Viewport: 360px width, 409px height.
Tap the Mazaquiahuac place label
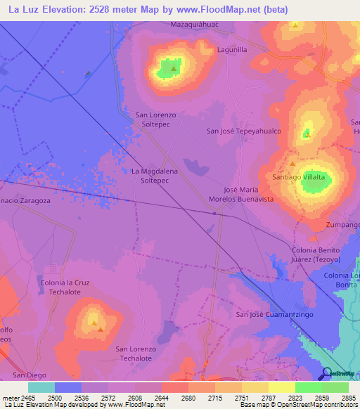[x=192, y=24]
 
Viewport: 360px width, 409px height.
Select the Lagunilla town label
[x=232, y=50]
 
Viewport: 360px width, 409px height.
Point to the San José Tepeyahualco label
[x=243, y=131]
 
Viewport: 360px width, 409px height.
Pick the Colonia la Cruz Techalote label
[x=67, y=287]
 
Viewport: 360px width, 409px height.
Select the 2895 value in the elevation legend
[x=347, y=398]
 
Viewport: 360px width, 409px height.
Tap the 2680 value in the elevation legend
[x=187, y=398]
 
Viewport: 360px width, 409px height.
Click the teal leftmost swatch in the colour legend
[x=41, y=387]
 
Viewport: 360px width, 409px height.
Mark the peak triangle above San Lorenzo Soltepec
[x=174, y=69]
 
